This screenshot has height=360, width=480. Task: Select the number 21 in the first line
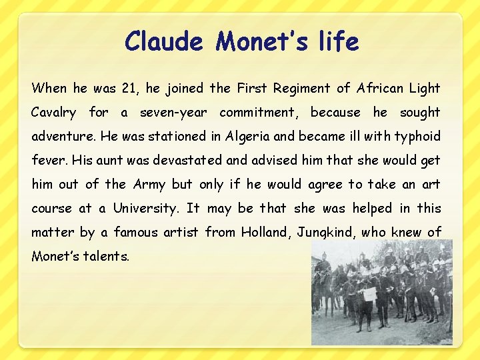tap(115, 88)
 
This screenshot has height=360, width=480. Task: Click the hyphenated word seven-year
tap(173, 112)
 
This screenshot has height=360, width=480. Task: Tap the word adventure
tap(63, 137)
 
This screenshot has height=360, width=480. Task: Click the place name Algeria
tap(247, 137)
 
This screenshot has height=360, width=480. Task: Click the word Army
tap(149, 185)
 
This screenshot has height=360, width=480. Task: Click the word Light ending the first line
tap(425, 88)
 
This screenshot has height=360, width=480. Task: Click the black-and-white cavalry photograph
tap(381, 292)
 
